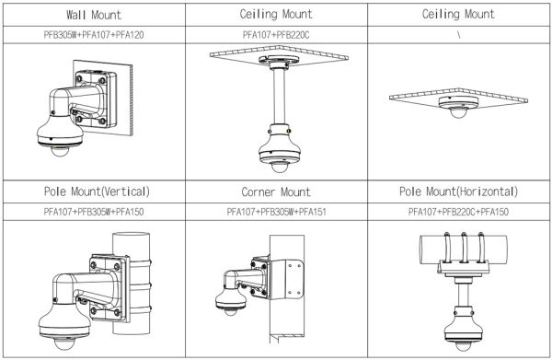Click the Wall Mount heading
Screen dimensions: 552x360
click(x=94, y=15)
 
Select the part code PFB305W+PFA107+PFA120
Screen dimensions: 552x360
click(x=94, y=35)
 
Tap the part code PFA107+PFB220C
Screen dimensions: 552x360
click(x=276, y=35)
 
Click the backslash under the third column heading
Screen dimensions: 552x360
click(x=459, y=35)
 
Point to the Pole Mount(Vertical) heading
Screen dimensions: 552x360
click(x=97, y=192)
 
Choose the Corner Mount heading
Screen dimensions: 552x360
click(x=276, y=192)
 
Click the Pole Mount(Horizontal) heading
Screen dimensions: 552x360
click(x=459, y=192)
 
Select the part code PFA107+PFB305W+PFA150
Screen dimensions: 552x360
click(x=94, y=212)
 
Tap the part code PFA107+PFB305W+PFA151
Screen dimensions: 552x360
click(x=276, y=212)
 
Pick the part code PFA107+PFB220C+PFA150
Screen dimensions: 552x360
click(x=458, y=212)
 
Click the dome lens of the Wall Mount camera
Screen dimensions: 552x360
click(x=60, y=151)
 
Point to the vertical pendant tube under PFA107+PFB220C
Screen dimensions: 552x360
click(x=279, y=96)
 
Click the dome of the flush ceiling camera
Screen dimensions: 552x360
click(x=457, y=112)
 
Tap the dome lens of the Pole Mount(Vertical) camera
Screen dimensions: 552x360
click(x=64, y=343)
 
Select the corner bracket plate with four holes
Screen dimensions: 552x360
click(x=291, y=279)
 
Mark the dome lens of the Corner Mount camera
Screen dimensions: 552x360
click(x=231, y=311)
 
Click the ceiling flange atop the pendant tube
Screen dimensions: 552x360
click(x=279, y=62)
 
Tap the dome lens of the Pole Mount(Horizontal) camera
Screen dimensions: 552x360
click(x=464, y=346)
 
